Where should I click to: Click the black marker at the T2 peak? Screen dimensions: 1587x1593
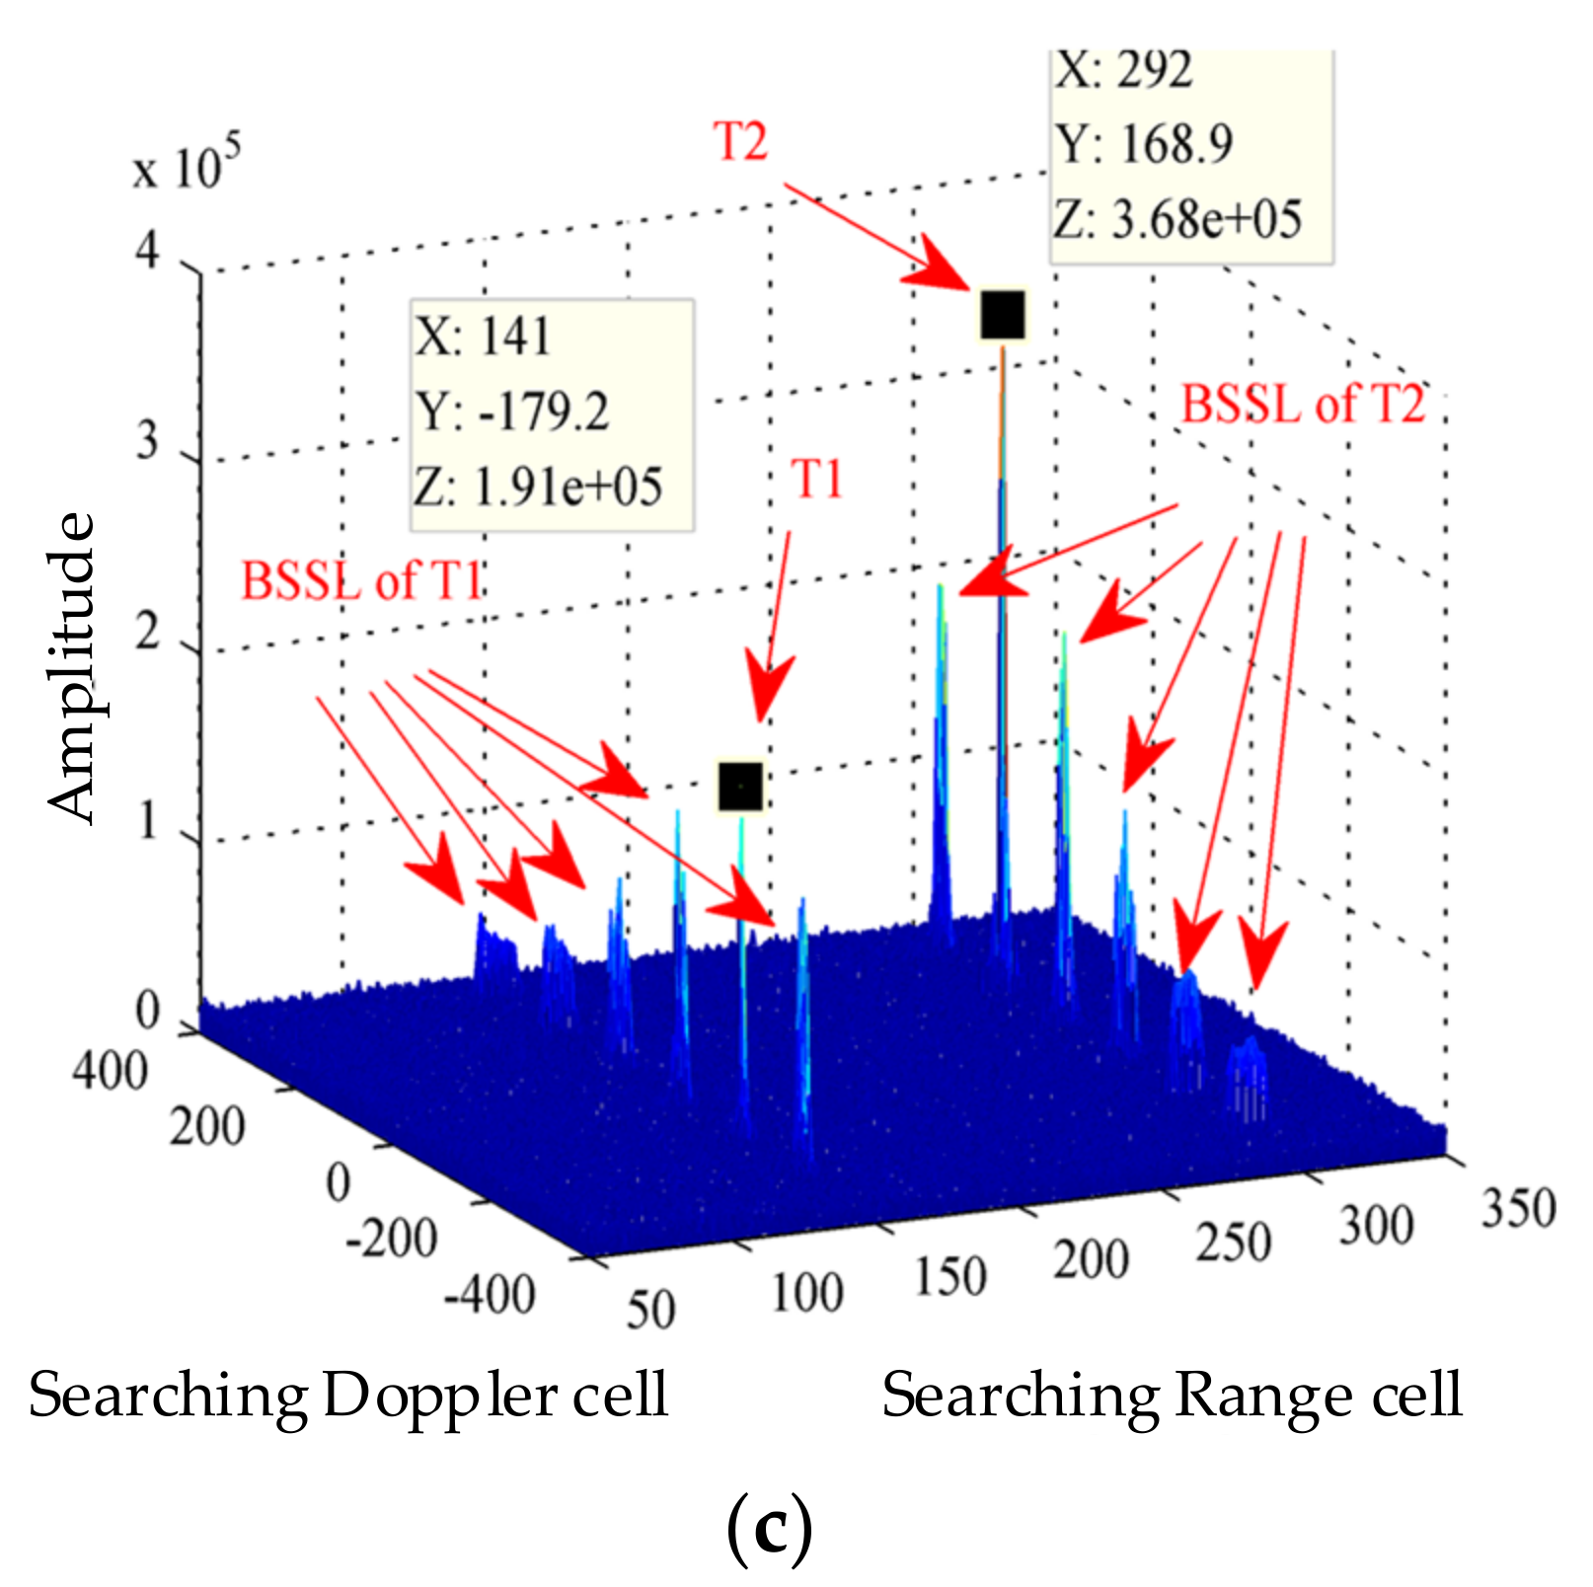pyautogui.click(x=1003, y=315)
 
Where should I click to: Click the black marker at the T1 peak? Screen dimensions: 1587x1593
pyautogui.click(x=740, y=787)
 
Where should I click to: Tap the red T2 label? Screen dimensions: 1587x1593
pyautogui.click(x=740, y=141)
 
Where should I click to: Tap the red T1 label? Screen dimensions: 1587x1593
pyautogui.click(x=817, y=480)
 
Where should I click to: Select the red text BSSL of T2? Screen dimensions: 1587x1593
pyautogui.click(x=1303, y=405)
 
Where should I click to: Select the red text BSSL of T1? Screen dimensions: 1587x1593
pyautogui.click(x=361, y=580)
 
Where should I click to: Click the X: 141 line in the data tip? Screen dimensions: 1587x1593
pyautogui.click(x=483, y=337)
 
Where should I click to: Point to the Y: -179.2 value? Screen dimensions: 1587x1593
pyautogui.click(x=512, y=412)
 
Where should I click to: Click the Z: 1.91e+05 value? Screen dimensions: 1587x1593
pyautogui.click(x=538, y=487)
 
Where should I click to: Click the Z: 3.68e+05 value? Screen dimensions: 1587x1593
pyautogui.click(x=1177, y=219)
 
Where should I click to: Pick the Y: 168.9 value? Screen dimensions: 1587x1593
pyautogui.click(x=1145, y=144)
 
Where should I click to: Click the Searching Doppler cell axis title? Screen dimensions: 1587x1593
pyautogui.click(x=348, y=1396)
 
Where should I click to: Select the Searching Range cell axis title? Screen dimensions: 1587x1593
pyautogui.click(x=1172, y=1396)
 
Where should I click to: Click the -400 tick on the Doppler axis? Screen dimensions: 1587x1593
pyautogui.click(x=490, y=1294)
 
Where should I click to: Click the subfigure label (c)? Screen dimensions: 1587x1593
pyautogui.click(x=769, y=1529)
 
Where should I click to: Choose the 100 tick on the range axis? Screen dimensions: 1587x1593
pyautogui.click(x=806, y=1292)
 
